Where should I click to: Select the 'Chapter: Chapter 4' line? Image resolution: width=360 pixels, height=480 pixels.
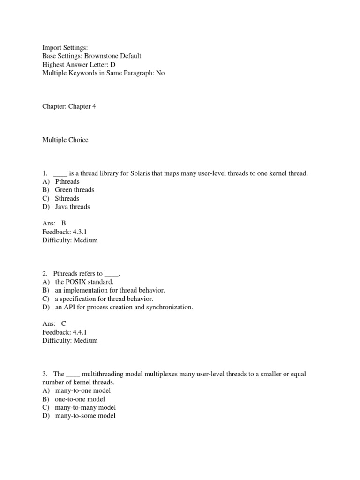pyautogui.click(x=69, y=106)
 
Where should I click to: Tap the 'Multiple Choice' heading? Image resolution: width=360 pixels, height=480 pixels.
pyautogui.click(x=65, y=140)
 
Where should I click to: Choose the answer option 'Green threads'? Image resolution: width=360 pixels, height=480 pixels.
pyautogui.click(x=75, y=190)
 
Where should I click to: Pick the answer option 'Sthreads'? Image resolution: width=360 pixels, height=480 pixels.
pyautogui.click(x=67, y=198)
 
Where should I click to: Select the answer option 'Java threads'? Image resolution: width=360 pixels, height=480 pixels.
pyautogui.click(x=72, y=207)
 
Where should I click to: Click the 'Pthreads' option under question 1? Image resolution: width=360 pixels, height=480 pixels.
pyautogui.click(x=67, y=181)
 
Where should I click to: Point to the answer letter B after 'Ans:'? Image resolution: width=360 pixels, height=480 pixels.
pyautogui.click(x=64, y=224)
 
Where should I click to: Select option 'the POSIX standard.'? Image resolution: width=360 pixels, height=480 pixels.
pyautogui.click(x=84, y=282)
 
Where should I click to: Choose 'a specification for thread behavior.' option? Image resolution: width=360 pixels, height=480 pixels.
pyautogui.click(x=104, y=299)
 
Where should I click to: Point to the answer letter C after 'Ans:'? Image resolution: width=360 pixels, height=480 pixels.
pyautogui.click(x=64, y=324)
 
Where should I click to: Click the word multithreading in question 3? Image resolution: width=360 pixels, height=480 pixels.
pyautogui.click(x=106, y=374)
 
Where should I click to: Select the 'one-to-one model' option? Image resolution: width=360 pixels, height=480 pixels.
pyautogui.click(x=80, y=399)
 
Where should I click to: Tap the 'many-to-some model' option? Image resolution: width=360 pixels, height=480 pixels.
pyautogui.click(x=85, y=416)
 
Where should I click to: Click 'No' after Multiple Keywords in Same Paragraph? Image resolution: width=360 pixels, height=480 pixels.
pyautogui.click(x=160, y=73)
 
